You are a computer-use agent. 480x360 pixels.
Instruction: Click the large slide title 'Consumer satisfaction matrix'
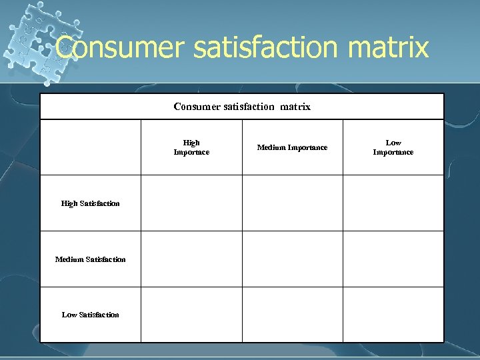click(x=242, y=47)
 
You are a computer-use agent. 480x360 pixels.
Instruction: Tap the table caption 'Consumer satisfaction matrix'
click(x=242, y=107)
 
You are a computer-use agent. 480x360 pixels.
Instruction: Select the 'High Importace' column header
click(x=191, y=147)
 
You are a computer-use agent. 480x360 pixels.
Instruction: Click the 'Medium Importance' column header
click(x=292, y=147)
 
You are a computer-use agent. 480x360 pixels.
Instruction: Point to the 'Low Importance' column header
click(x=393, y=147)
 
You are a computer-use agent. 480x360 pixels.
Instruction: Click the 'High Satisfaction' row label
click(x=91, y=203)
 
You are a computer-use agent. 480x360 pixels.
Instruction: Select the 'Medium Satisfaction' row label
click(x=91, y=259)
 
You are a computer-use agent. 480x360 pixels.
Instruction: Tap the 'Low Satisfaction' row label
click(x=91, y=315)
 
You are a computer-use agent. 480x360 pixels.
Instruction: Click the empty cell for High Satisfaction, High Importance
click(x=191, y=203)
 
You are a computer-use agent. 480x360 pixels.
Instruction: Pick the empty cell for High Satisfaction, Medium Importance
click(x=292, y=203)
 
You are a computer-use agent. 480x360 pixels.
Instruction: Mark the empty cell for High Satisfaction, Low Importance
click(x=393, y=203)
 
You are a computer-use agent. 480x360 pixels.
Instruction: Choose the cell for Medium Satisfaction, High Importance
click(x=191, y=259)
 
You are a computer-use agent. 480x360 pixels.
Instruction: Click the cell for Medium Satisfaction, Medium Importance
click(x=292, y=259)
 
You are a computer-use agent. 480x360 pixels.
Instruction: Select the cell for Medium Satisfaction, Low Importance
click(x=393, y=259)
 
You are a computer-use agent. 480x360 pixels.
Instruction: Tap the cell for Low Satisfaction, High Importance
click(x=191, y=315)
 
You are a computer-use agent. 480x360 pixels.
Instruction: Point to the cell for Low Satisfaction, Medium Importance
click(x=292, y=315)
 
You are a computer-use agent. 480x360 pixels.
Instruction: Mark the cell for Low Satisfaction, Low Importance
click(x=393, y=315)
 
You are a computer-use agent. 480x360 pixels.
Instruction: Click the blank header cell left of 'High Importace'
click(x=91, y=147)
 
